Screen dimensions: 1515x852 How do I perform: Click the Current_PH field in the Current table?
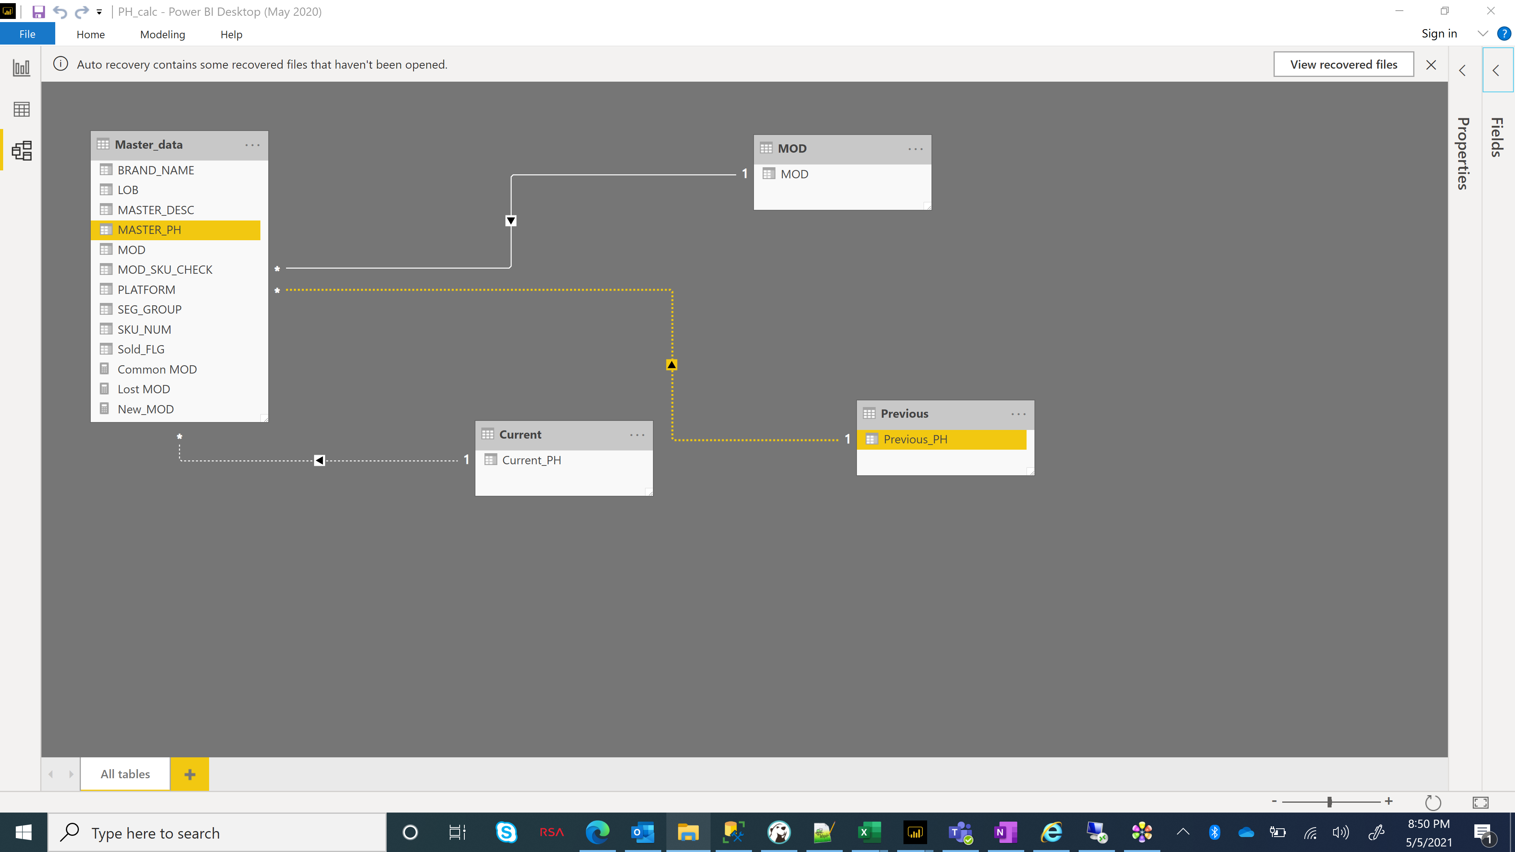tap(531, 460)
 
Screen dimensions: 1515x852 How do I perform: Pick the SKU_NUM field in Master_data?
tap(144, 329)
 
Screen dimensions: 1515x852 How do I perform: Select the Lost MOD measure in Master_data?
tap(144, 389)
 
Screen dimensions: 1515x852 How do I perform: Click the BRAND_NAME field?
tap(155, 170)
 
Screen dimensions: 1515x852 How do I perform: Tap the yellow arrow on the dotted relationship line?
tap(671, 364)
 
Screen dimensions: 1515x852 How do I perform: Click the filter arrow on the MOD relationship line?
tap(511, 221)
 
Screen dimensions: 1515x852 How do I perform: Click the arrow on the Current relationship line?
tap(319, 460)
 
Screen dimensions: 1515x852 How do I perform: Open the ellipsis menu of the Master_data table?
tap(252, 145)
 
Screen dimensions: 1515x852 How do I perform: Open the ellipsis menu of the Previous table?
tap(1019, 414)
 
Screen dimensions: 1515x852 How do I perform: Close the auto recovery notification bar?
tap(1431, 65)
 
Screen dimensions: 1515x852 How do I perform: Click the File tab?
tap(28, 34)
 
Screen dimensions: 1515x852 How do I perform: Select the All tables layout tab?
tap(125, 774)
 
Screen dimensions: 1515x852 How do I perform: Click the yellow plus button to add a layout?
tap(189, 774)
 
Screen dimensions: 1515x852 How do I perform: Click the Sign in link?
tap(1439, 34)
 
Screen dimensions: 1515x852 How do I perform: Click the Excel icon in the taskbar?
tap(869, 832)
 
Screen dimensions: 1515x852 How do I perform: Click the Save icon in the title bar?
tap(38, 12)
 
